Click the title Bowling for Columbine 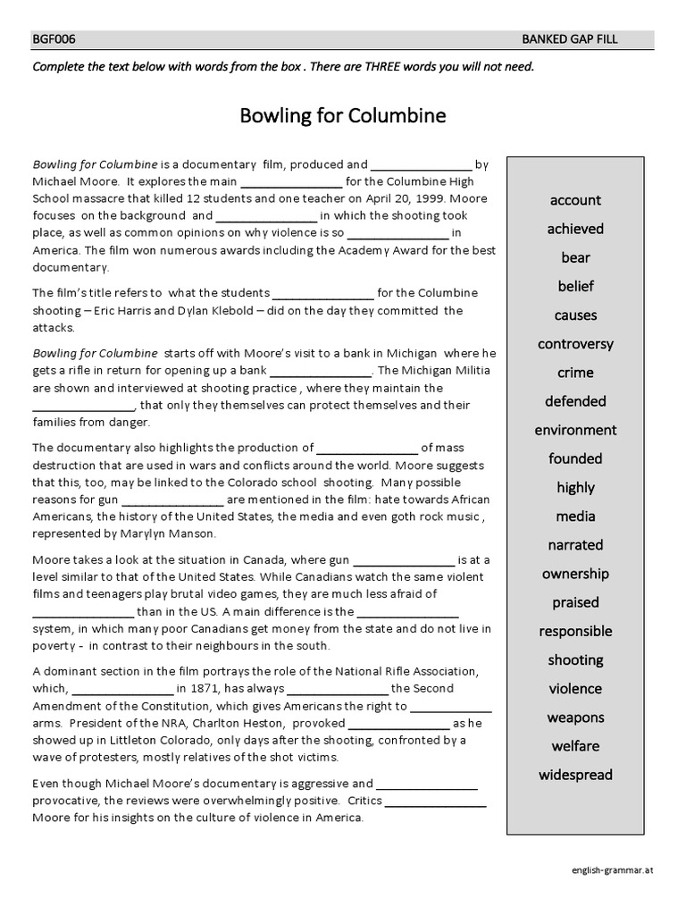coord(343,116)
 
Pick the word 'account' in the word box coord(575,200)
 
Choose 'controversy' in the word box coord(575,344)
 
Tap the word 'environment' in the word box coord(575,430)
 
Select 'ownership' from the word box coord(575,574)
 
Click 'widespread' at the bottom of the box coord(575,775)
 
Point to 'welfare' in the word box coord(575,746)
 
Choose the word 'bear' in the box coord(575,257)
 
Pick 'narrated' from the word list coord(575,545)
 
